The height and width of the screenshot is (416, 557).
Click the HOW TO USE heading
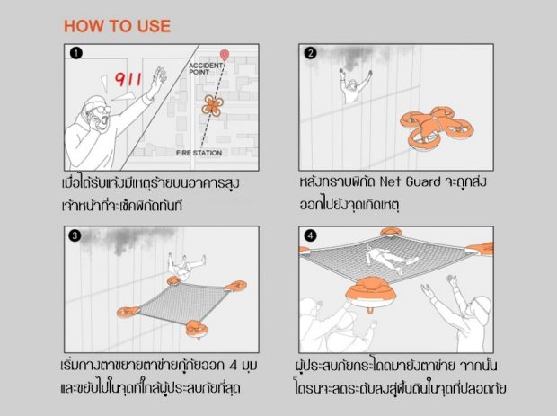click(117, 26)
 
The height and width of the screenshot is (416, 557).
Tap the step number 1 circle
click(76, 53)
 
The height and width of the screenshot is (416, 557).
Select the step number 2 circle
click(311, 53)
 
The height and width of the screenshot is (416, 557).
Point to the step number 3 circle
click(75, 235)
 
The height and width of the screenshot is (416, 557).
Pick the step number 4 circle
click(311, 235)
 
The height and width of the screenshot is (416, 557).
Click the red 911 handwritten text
click(128, 80)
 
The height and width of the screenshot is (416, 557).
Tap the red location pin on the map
click(225, 55)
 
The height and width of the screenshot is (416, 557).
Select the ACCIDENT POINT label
click(206, 68)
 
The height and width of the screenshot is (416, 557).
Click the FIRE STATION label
click(199, 153)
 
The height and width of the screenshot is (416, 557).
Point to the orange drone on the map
click(212, 105)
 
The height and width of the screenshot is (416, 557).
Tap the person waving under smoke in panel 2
click(354, 86)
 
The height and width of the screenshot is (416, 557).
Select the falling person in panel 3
click(185, 266)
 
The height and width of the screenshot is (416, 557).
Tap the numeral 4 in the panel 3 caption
click(233, 366)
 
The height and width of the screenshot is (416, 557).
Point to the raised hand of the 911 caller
click(159, 76)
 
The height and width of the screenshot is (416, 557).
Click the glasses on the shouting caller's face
click(102, 109)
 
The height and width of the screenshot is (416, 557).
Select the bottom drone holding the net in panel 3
click(197, 329)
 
